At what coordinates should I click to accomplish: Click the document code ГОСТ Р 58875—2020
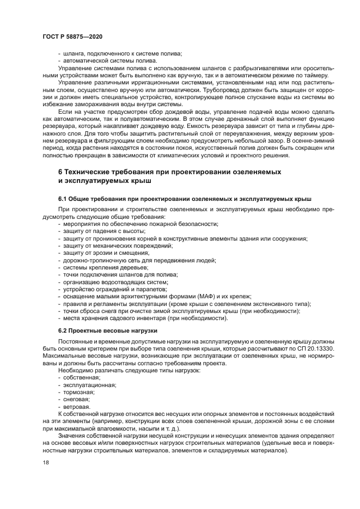pos(72,35)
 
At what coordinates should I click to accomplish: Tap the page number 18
pos(45,462)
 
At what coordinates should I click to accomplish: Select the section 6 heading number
pos(61,172)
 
